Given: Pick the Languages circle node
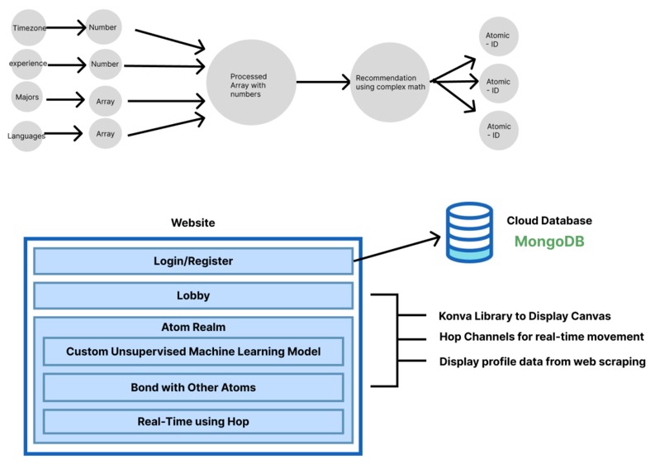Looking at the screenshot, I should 26,134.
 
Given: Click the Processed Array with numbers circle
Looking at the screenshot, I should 250,83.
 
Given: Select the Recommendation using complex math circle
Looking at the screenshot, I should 391,83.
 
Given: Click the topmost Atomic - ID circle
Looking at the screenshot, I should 498,37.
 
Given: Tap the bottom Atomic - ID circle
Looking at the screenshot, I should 498,130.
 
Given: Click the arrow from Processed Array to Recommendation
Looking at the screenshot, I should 323,82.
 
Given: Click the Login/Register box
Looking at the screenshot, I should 193,261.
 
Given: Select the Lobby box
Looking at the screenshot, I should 193,295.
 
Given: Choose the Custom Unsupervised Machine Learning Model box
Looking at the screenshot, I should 193,352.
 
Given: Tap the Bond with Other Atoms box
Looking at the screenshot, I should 193,386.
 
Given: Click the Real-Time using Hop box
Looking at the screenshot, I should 193,421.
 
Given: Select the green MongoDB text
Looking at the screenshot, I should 549,242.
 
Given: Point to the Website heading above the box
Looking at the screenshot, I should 192,223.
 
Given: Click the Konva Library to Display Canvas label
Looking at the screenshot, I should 524,316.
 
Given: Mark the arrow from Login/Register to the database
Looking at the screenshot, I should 398,249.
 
